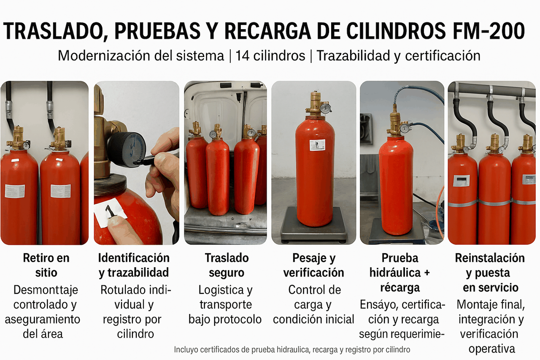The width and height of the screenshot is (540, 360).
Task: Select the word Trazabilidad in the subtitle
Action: click(353, 56)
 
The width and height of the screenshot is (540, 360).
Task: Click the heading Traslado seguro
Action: click(227, 265)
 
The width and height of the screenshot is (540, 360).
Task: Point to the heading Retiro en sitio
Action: click(46, 265)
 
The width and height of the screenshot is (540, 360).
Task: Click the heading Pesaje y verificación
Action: click(313, 265)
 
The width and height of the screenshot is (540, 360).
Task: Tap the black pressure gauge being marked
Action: click(126, 149)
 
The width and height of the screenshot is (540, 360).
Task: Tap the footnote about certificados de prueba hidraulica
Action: click(292, 349)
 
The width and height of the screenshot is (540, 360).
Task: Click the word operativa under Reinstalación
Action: click(491, 349)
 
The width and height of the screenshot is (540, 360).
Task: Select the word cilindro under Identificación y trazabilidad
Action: click(135, 334)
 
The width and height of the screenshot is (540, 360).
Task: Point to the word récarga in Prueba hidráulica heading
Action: click(400, 287)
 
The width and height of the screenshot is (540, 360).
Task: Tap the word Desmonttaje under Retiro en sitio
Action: click(46, 290)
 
